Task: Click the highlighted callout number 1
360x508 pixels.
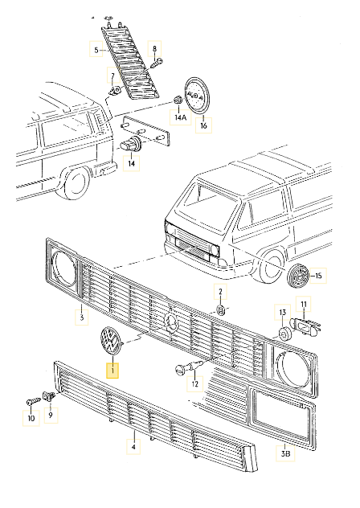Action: pos(113,371)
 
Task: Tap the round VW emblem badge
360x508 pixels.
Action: pos(108,342)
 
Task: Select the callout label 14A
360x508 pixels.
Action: pos(179,117)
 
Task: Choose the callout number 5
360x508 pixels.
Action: pos(95,51)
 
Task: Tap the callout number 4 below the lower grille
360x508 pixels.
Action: pos(133,443)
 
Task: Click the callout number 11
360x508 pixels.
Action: pos(305,303)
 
